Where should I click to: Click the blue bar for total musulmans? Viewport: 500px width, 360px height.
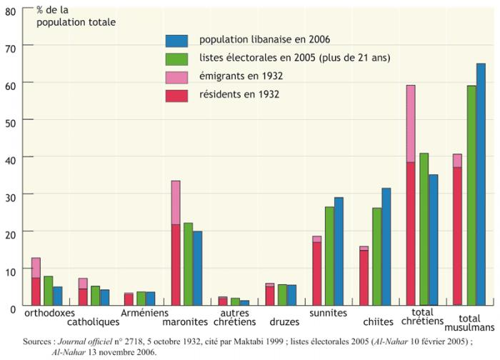pyautogui.click(x=481, y=184)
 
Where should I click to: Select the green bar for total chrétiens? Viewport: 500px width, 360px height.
pyautogui.click(x=424, y=229)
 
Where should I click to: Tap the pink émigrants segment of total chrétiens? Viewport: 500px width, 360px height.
pyautogui.click(x=411, y=124)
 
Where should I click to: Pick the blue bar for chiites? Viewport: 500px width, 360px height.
pyautogui.click(x=386, y=247)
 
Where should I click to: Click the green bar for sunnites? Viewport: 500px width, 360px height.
pyautogui.click(x=329, y=256)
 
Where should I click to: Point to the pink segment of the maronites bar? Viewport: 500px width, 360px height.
pyautogui.click(x=176, y=203)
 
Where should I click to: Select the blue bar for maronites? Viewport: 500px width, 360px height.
pyautogui.click(x=198, y=268)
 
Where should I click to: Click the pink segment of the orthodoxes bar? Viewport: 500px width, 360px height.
pyautogui.click(x=36, y=268)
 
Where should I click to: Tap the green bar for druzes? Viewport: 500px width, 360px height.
pyautogui.click(x=282, y=295)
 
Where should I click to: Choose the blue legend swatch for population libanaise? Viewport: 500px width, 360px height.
pyautogui.click(x=176, y=41)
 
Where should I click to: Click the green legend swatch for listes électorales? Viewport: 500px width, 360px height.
pyautogui.click(x=176, y=59)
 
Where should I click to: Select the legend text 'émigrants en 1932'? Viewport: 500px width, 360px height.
pyautogui.click(x=241, y=76)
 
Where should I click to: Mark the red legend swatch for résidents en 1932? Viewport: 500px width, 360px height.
pyautogui.click(x=176, y=96)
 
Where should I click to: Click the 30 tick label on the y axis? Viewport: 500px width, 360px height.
pyautogui.click(x=11, y=198)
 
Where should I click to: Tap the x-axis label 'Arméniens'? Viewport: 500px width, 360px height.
pyautogui.click(x=144, y=313)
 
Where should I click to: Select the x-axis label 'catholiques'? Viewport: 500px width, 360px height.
pyautogui.click(x=93, y=321)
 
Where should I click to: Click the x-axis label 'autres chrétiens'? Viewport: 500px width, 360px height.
pyautogui.click(x=235, y=317)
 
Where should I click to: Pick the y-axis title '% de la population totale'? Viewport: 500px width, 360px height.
pyautogui.click(x=76, y=16)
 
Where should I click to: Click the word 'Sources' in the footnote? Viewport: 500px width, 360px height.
pyautogui.click(x=37, y=341)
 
